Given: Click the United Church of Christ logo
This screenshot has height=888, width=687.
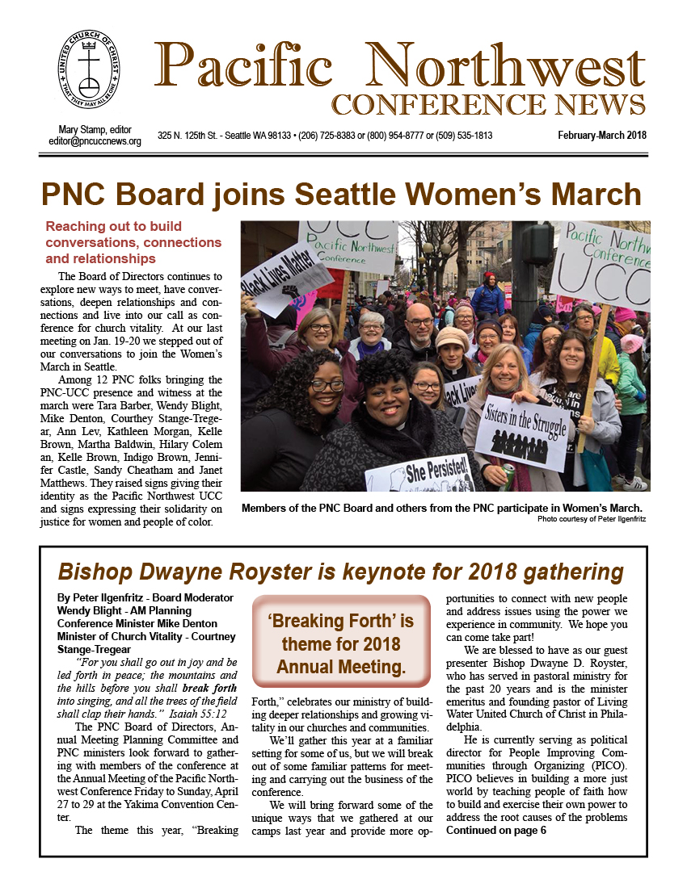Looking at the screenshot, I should [x=89, y=76].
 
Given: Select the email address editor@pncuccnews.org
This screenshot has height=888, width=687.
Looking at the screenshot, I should [x=95, y=141].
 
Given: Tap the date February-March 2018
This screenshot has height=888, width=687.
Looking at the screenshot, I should [x=602, y=136].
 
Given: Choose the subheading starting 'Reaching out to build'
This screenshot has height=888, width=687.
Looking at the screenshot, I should [x=133, y=242].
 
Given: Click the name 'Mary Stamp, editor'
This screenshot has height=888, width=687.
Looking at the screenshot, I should [x=95, y=130].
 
